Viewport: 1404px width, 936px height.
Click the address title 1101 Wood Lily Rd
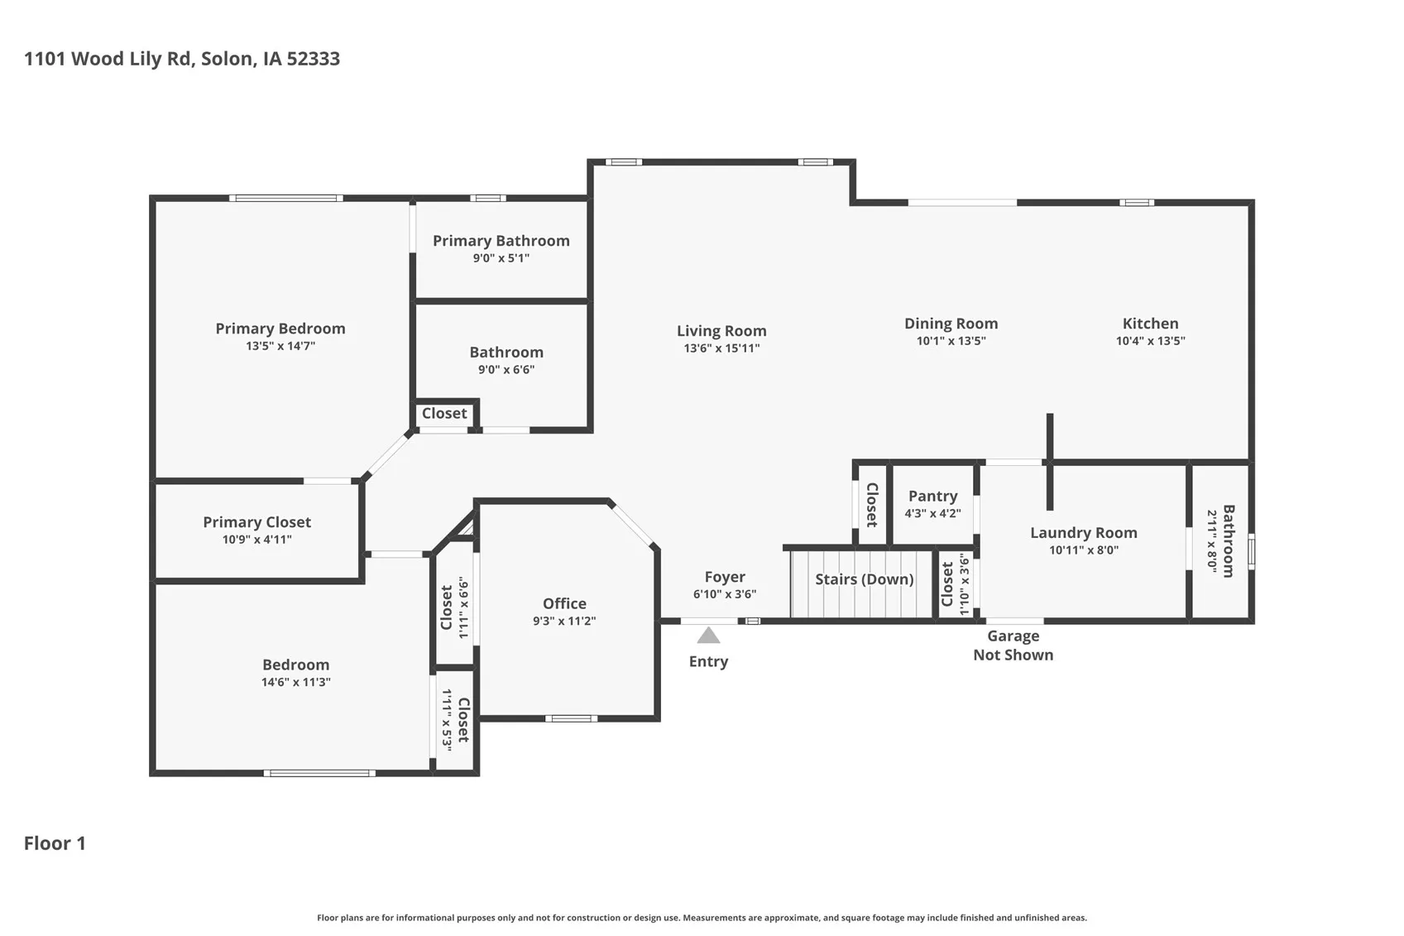(x=182, y=59)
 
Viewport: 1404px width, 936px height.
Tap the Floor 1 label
(x=55, y=843)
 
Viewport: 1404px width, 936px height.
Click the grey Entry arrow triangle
(x=708, y=636)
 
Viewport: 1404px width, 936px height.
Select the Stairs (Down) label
(x=864, y=579)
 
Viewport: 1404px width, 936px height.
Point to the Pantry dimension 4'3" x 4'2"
(x=932, y=513)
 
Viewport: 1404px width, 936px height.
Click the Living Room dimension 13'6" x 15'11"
(x=721, y=348)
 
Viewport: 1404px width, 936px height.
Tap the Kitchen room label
(x=1150, y=324)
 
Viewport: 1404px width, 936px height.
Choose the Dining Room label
(x=951, y=324)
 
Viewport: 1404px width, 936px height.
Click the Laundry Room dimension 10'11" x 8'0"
(x=1084, y=550)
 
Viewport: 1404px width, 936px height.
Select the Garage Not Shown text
(x=1013, y=646)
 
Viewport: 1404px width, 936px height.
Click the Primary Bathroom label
(x=501, y=241)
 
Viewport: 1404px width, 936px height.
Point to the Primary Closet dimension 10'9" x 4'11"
(x=256, y=540)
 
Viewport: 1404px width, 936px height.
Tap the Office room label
(x=564, y=604)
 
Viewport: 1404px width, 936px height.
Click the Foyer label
(x=725, y=577)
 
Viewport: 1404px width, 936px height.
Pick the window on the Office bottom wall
(x=571, y=718)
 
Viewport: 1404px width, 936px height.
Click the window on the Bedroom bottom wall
(x=319, y=773)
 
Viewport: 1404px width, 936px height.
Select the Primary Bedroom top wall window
(x=285, y=198)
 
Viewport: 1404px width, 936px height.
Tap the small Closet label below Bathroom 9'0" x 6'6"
(x=444, y=413)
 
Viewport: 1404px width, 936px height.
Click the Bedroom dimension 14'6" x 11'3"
(x=295, y=683)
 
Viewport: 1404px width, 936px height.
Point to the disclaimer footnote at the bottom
(x=702, y=918)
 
